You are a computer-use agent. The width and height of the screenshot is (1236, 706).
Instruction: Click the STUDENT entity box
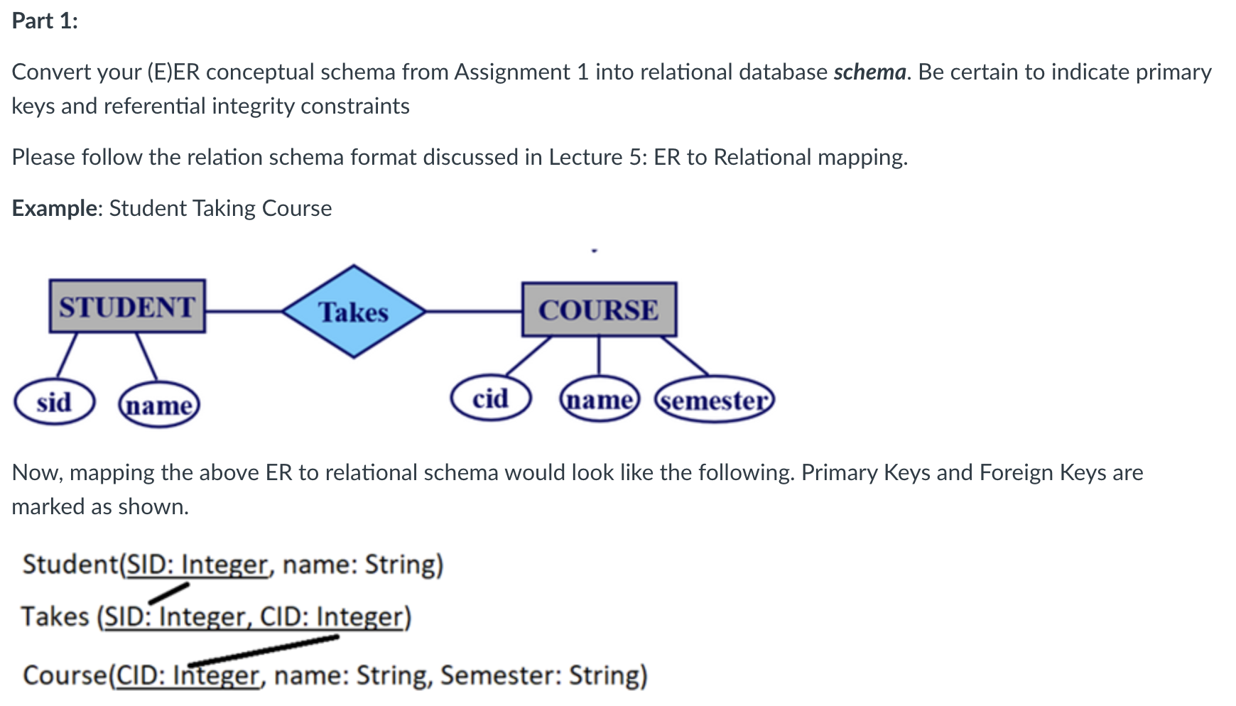pos(127,306)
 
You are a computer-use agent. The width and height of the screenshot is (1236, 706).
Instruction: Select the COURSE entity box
pos(599,310)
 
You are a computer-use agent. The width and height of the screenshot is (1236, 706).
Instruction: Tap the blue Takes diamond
pos(354,312)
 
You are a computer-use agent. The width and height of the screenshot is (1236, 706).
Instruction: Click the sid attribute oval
pos(54,403)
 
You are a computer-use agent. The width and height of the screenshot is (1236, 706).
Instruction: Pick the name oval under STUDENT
pos(159,406)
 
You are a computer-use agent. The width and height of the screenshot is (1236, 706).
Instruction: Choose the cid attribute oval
pos(491,398)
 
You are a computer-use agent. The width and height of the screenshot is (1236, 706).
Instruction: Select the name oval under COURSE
pos(600,400)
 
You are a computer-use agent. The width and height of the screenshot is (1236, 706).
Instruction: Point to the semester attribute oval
pos(714,401)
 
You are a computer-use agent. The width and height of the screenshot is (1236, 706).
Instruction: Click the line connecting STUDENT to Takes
pos(244,311)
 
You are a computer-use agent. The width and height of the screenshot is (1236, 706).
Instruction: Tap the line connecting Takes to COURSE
pos(473,311)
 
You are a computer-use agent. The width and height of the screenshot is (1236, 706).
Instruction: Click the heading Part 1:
pos(45,21)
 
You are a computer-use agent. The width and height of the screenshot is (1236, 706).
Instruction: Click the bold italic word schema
pos(869,72)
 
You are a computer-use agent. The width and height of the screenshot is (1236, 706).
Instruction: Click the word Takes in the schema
pos(55,617)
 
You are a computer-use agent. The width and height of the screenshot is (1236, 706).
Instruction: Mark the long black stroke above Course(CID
pos(264,650)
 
